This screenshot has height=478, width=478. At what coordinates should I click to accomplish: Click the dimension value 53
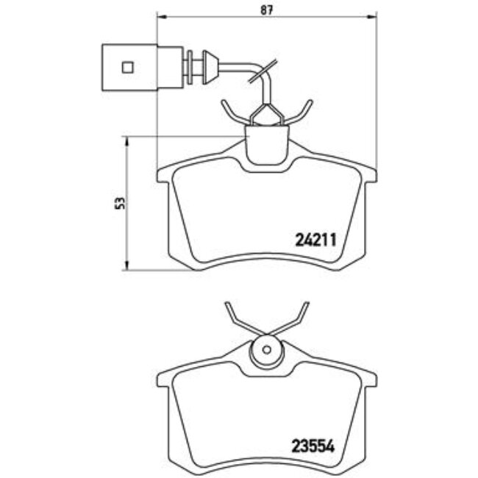click(x=120, y=204)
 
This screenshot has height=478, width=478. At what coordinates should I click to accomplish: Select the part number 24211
click(x=315, y=239)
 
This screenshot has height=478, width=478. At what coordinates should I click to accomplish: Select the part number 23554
click(x=315, y=445)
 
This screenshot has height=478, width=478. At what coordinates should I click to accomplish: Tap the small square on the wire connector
click(x=127, y=67)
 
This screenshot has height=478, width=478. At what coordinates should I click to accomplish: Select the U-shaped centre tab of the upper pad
click(x=267, y=145)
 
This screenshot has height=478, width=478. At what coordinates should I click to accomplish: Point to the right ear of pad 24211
click(x=370, y=174)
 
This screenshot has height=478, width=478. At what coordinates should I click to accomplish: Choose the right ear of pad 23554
click(x=370, y=380)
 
